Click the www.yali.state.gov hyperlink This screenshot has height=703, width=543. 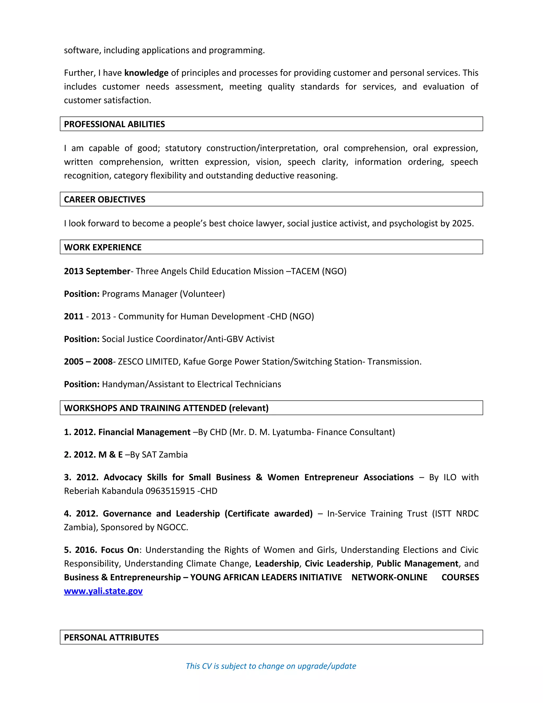tap(103, 591)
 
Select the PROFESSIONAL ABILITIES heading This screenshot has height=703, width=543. tap(115, 124)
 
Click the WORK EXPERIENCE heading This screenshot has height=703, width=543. tap(103, 247)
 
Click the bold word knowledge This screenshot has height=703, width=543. tap(146, 73)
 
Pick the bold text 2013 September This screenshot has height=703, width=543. tap(97, 271)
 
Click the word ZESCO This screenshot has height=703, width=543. tap(131, 362)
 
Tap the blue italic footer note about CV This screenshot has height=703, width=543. tap(271, 666)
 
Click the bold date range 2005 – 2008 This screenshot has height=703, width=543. tap(88, 362)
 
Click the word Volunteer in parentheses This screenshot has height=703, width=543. tap(202, 294)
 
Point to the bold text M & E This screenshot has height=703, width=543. tap(110, 454)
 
